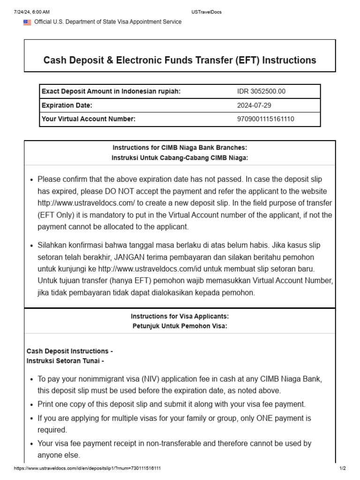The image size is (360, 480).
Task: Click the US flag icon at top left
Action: (27, 22)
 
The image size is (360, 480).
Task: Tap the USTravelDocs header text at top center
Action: (207, 12)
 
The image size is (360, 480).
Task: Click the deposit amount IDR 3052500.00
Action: (261, 91)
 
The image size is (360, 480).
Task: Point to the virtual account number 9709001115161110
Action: (266, 119)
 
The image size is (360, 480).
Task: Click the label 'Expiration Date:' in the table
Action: (67, 105)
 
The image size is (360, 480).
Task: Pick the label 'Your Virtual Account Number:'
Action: (89, 119)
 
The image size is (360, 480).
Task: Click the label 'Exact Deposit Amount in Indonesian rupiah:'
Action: (111, 91)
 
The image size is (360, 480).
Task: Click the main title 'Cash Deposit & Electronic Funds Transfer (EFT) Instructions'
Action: (180, 60)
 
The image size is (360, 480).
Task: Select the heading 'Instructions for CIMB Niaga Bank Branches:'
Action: (180, 148)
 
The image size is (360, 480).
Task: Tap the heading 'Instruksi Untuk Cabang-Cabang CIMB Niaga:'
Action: (180, 158)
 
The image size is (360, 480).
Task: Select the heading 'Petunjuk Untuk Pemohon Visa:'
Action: (180, 326)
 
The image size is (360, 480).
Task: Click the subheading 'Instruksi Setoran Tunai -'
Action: (65, 361)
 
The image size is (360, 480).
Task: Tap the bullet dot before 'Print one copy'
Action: (31, 405)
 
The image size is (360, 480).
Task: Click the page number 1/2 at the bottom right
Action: (342, 468)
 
